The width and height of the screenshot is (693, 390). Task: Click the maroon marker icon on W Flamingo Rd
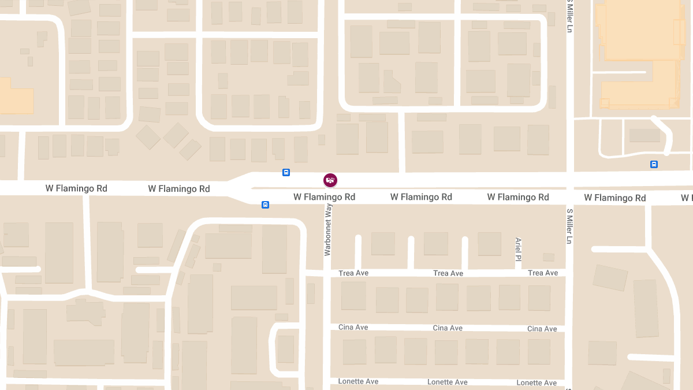(330, 180)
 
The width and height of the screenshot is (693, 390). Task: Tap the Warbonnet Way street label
(328, 230)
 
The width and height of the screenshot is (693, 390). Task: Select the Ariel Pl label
(519, 249)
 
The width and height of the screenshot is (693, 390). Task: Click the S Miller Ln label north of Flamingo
(569, 16)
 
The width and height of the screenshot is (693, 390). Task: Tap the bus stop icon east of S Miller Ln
(654, 164)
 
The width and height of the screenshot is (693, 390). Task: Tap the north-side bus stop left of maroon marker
(286, 172)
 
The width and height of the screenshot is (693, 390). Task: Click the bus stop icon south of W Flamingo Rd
(265, 205)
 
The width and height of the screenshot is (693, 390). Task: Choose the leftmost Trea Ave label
(353, 273)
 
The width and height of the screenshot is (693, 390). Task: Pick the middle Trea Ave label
(448, 273)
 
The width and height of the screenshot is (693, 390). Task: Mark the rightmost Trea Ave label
(543, 273)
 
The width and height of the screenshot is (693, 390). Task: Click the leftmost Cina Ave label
(353, 327)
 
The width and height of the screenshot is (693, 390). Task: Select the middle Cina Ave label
(448, 328)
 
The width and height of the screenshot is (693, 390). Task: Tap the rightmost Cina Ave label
(542, 329)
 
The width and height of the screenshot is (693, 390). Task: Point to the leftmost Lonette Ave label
(359, 381)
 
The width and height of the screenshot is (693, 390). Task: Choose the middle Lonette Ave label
(448, 382)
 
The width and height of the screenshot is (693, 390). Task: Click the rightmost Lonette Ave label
(536, 382)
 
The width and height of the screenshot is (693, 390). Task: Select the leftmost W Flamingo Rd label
(76, 188)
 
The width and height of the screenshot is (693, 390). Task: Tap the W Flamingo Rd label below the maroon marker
(324, 197)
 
